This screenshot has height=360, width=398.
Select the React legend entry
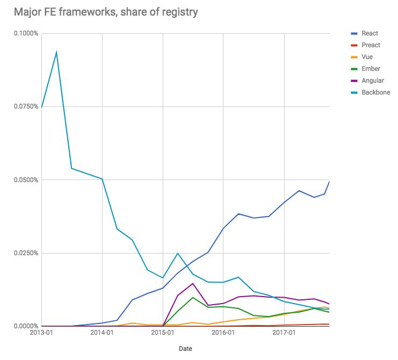click(x=370, y=33)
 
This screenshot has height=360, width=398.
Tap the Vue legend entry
click(x=367, y=57)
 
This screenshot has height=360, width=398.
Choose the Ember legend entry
click(x=371, y=69)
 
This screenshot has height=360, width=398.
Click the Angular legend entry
click(x=373, y=81)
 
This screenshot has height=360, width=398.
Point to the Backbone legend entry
click(x=375, y=92)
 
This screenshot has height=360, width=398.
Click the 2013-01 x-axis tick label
click(x=41, y=333)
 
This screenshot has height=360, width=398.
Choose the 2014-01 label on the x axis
click(x=102, y=333)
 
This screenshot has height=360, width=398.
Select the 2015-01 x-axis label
click(x=163, y=333)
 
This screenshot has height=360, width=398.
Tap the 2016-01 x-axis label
click(x=223, y=333)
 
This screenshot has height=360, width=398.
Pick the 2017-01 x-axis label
click(x=284, y=333)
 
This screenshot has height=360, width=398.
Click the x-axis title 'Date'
click(x=185, y=348)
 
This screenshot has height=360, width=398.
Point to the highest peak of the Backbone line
click(x=56, y=52)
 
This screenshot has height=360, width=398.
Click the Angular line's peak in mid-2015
click(x=193, y=283)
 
